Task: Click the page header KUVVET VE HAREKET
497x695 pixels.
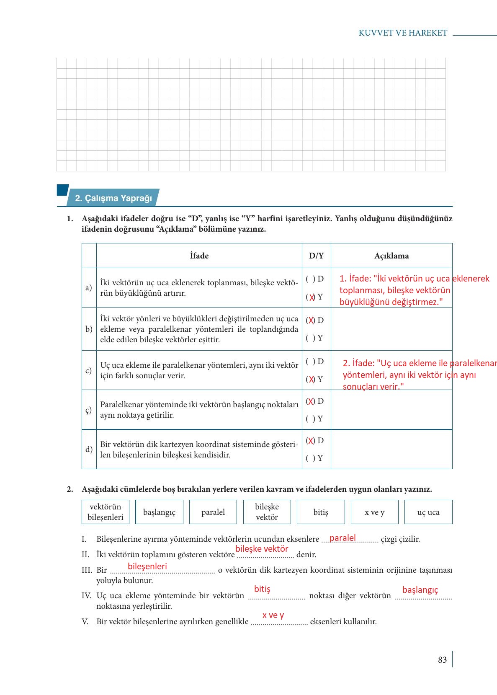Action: (403, 33)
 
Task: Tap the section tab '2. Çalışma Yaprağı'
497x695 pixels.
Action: (113, 198)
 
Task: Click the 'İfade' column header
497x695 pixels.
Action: (199, 256)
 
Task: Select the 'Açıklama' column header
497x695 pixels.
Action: (391, 256)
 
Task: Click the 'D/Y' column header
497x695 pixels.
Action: (316, 256)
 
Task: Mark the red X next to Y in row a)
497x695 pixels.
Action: (312, 297)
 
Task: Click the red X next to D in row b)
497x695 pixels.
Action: (310, 320)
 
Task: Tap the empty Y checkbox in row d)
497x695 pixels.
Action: (310, 458)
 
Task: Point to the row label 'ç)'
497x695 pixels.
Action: (88, 410)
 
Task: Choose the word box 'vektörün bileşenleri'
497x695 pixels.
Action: (106, 512)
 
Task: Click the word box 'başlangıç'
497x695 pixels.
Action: (159, 512)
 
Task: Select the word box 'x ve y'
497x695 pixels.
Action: (374, 512)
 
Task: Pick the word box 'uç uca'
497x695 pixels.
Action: (428, 512)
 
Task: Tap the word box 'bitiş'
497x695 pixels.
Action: (321, 512)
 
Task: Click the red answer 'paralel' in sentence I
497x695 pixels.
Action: (342, 538)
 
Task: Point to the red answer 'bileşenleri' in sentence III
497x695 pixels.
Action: (147, 566)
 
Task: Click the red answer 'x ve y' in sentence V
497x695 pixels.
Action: (273, 615)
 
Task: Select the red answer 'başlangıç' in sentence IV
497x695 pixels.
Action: (420, 590)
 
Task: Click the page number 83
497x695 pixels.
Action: (442, 660)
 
